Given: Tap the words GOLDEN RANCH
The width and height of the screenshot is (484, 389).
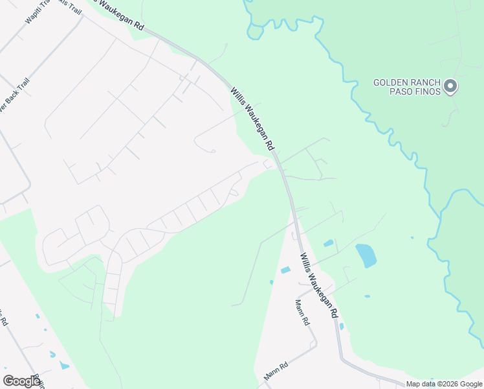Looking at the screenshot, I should tap(407, 83).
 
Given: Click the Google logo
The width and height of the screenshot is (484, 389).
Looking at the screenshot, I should tap(21, 381).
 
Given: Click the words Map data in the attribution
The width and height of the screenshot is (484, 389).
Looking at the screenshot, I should tap(420, 384).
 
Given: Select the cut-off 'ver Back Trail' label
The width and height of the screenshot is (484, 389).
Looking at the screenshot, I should tap(14, 95).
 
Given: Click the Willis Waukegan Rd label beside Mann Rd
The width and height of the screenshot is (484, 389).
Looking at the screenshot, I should tap(318, 285).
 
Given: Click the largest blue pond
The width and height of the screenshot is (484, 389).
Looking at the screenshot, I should tap(366, 255).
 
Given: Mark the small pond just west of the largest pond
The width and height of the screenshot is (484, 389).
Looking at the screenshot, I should tap(329, 243).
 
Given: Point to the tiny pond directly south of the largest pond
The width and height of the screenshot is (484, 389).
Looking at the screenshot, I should tap(367, 296).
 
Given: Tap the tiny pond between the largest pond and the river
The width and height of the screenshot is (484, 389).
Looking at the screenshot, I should tap(412, 238).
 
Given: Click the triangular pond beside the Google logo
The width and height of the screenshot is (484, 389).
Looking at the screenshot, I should tap(64, 365).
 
